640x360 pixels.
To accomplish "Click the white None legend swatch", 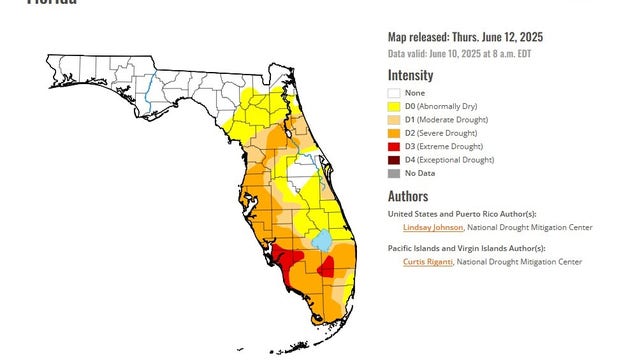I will pos(395,92).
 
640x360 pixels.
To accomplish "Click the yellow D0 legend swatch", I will pos(395,106).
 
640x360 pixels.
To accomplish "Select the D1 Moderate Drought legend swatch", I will pos(395,119).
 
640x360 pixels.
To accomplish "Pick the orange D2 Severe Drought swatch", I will pos(395,132).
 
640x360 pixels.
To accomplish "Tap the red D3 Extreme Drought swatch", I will pos(395,146).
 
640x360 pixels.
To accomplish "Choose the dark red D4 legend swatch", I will pos(395,159).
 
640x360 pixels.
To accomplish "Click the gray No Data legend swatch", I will pos(395,173).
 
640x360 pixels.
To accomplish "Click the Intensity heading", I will pos(410,74).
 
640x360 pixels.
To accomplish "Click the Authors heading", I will pos(408,197).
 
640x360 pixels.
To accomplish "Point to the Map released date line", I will pos(466,38).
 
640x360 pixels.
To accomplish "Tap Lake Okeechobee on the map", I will pos(321,241).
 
